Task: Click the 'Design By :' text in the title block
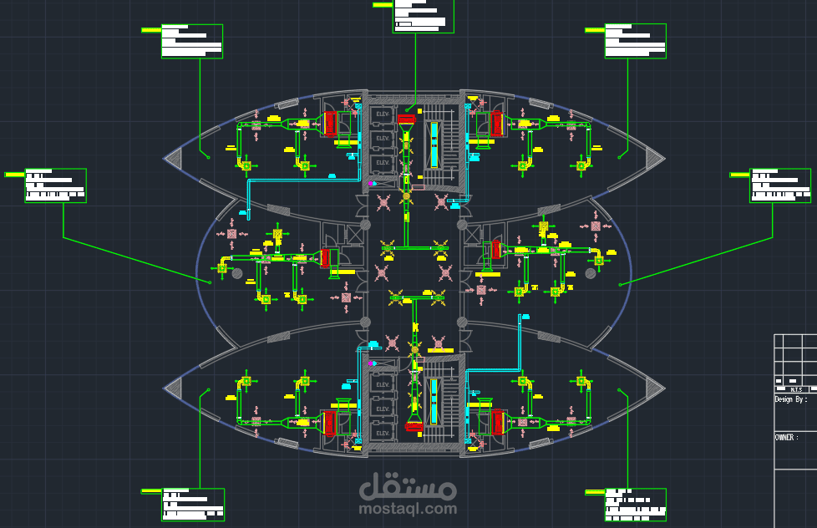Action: (790, 399)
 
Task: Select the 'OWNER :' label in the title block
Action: (785, 437)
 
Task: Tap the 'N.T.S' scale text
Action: (796, 389)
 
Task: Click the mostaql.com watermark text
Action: (408, 508)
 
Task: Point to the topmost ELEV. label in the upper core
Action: (383, 113)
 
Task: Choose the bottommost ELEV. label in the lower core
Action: (383, 433)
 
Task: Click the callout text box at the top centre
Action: (424, 16)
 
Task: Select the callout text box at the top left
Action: (192, 41)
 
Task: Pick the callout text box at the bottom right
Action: (636, 505)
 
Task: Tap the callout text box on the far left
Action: (55, 185)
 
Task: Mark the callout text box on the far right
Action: (780, 185)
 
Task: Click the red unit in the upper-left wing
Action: (330, 124)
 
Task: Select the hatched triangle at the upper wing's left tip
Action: (175, 156)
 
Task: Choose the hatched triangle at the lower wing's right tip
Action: (654, 387)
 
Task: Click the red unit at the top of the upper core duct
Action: (406, 120)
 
